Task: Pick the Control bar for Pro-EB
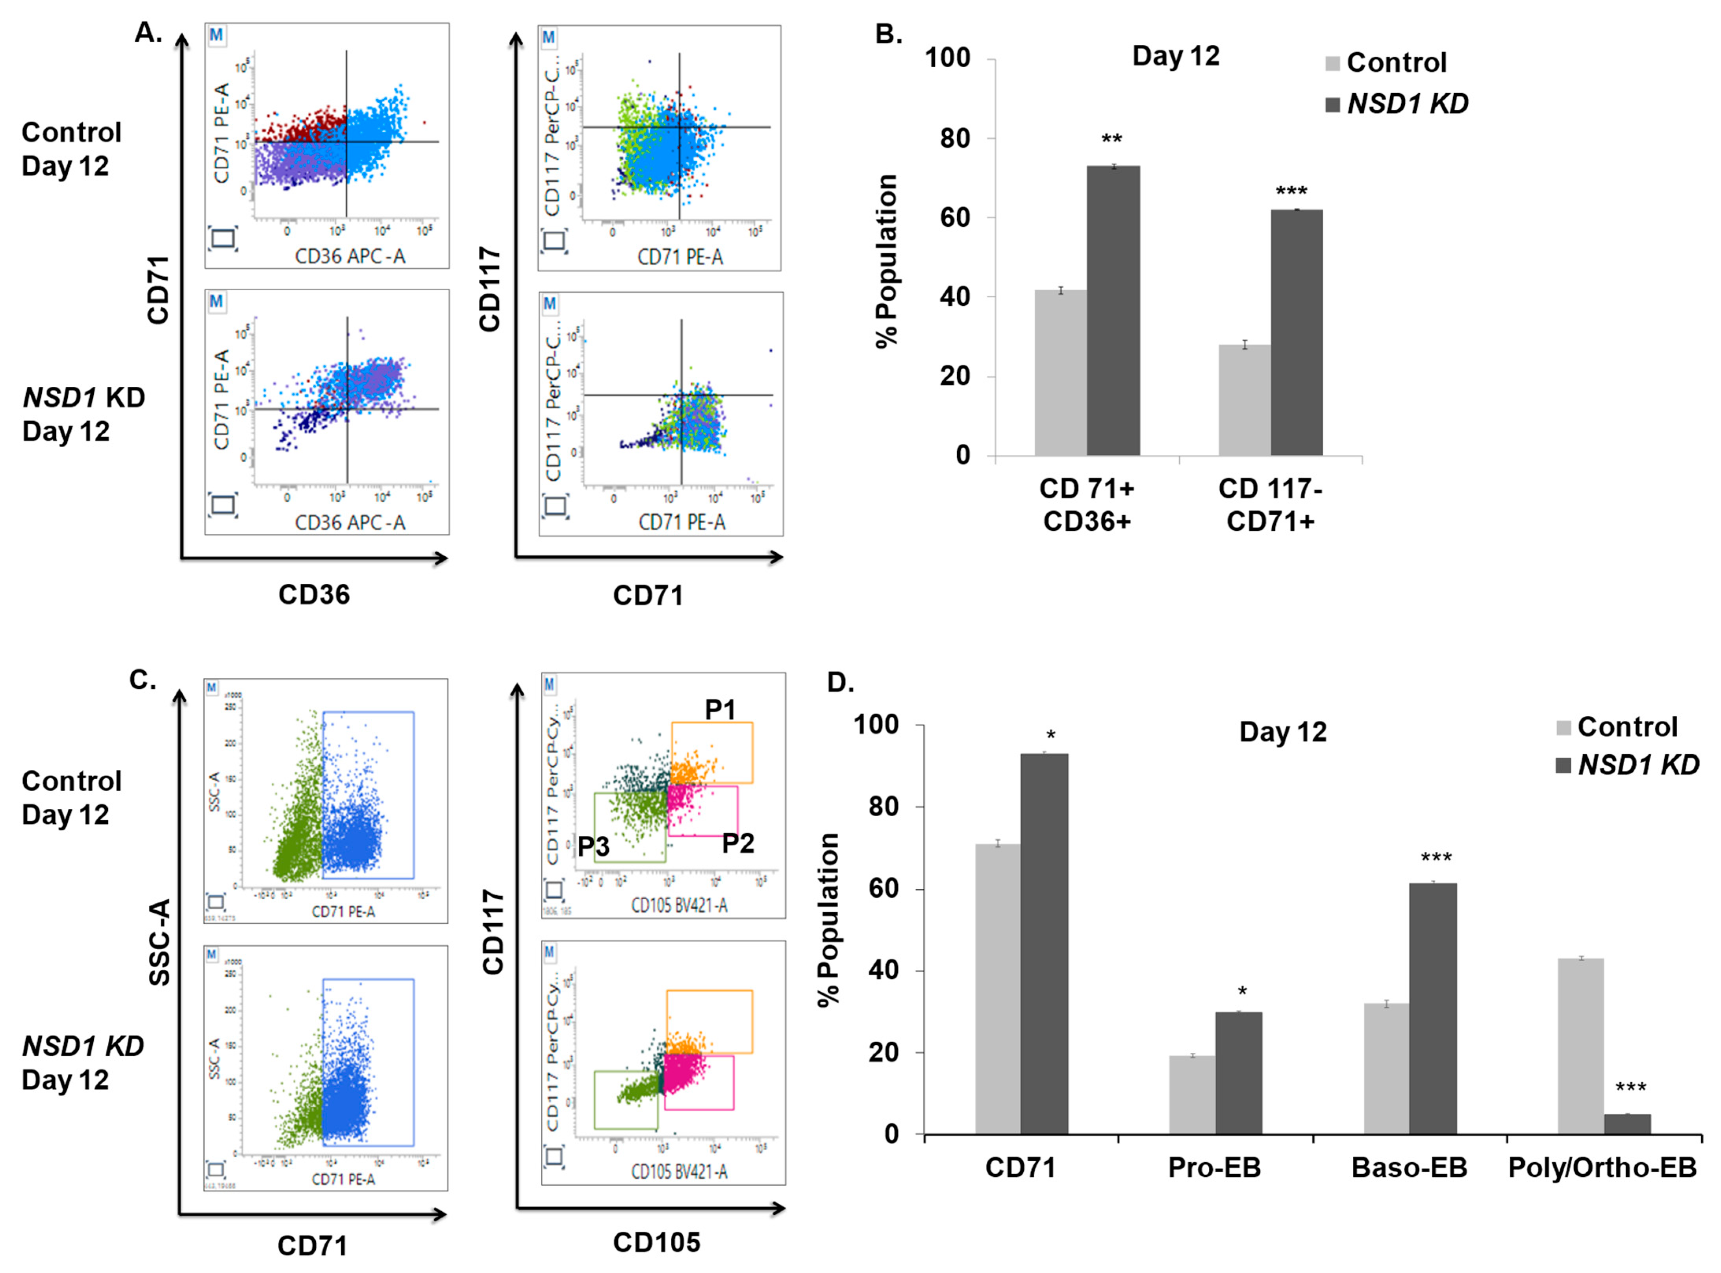coord(1192,1094)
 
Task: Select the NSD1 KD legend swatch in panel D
coord(1564,765)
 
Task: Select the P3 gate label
coord(594,847)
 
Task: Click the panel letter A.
coord(148,32)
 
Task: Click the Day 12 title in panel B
coord(1176,56)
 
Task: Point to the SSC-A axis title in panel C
coord(159,942)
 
